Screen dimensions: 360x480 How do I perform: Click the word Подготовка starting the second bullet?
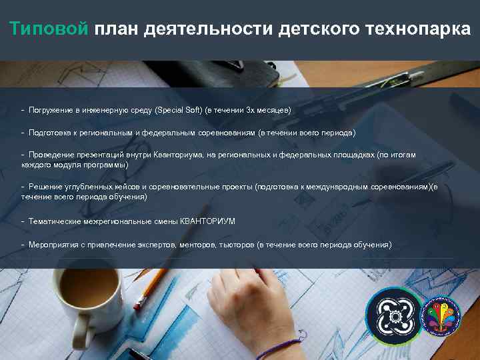pyautogui.click(x=50, y=133)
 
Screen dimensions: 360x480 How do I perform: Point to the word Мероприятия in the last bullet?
pyautogui.click(x=53, y=245)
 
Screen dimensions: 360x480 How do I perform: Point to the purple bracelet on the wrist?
pyautogui.click(x=283, y=348)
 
